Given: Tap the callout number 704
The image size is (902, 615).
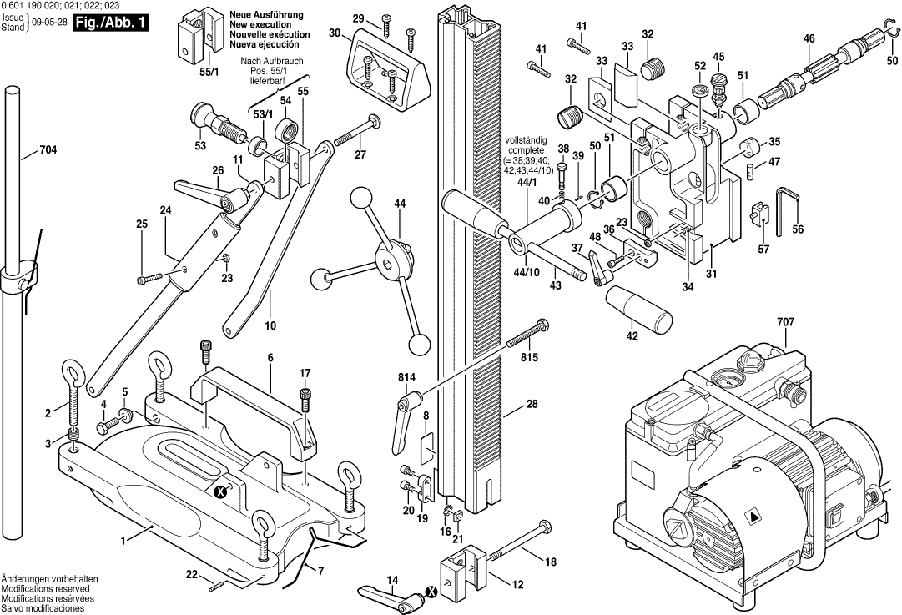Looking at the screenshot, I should point(48,152).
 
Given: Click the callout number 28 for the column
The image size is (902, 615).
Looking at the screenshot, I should point(532,405).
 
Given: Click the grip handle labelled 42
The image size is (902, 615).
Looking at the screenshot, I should point(641,310).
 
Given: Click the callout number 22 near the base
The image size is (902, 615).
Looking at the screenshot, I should point(191,574).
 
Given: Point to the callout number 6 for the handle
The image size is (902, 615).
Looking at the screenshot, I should point(270,358).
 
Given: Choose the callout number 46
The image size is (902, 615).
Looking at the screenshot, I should point(809,38).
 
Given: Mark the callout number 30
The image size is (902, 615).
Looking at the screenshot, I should point(335,33).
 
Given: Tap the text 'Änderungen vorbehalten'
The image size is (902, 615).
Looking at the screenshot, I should point(49,578).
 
